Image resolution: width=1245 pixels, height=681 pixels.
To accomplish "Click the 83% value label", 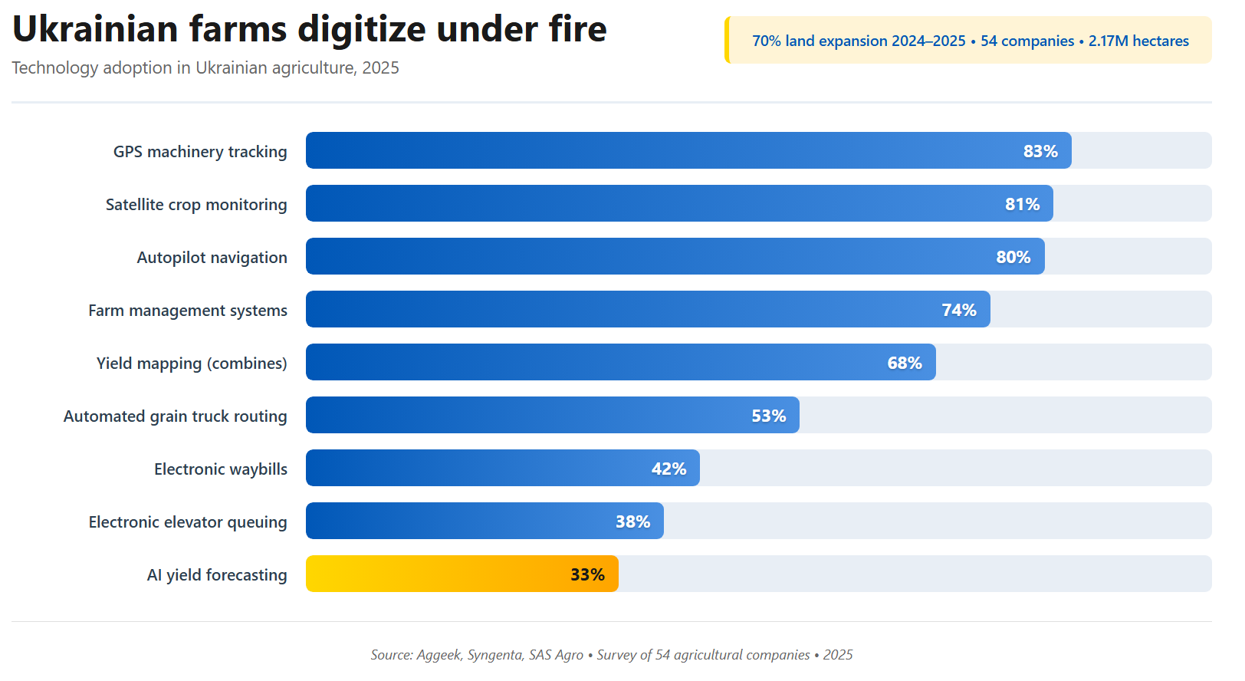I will (x=1040, y=151).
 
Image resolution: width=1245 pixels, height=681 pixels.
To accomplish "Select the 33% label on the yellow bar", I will (x=587, y=574).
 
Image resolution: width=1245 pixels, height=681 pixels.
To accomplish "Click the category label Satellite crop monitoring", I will (x=196, y=205).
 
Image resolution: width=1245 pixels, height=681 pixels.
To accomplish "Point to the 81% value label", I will (x=1022, y=204).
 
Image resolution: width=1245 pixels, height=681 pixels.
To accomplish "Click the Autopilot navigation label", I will (x=212, y=258).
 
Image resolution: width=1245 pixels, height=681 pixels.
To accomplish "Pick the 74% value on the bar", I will (x=958, y=310).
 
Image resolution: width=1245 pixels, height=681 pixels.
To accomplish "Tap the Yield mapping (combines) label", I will (x=192, y=364).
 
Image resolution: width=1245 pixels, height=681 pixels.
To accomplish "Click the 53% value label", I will (x=768, y=416).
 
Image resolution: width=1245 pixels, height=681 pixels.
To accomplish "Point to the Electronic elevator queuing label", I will (x=188, y=522).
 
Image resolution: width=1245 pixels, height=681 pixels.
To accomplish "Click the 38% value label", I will (x=632, y=521).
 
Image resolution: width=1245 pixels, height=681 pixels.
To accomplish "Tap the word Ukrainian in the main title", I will (x=95, y=30).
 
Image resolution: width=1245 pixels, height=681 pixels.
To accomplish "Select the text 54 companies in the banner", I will (x=1027, y=41).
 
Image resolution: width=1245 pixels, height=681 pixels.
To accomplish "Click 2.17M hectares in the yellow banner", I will (x=1138, y=41).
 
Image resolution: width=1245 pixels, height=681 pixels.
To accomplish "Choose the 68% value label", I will (x=904, y=363).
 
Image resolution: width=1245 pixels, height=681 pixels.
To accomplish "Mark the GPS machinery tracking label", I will (x=200, y=152).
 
